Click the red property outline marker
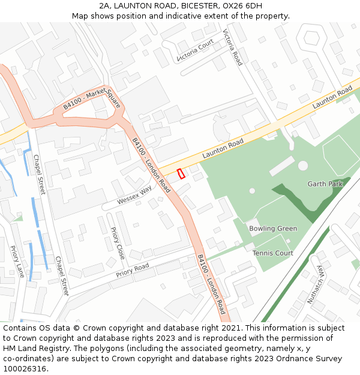(181, 173)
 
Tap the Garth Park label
(325, 184)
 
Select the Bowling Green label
(273, 229)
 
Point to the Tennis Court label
(272, 253)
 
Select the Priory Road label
(133, 271)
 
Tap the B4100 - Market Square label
(92, 101)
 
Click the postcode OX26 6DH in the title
(242, 6)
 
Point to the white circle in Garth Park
(303, 165)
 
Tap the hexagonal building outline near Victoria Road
(311, 38)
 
